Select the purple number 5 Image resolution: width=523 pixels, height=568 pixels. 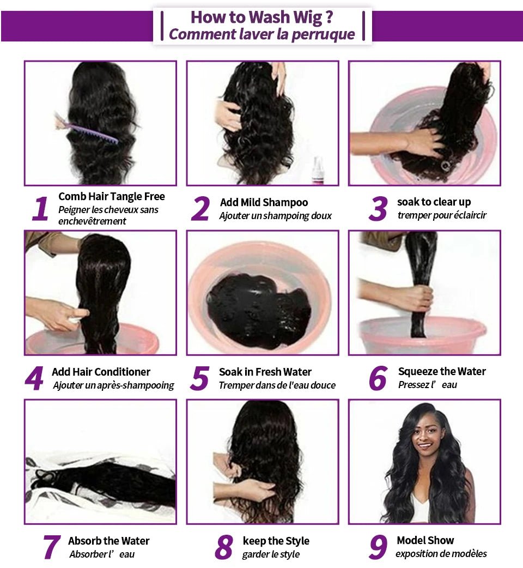click(x=200, y=379)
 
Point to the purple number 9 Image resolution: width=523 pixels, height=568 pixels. click(x=378, y=547)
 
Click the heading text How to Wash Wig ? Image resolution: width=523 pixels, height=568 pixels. click(x=261, y=17)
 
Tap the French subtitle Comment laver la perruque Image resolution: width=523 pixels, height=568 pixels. click(x=261, y=34)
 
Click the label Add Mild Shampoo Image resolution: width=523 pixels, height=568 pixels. click(x=264, y=202)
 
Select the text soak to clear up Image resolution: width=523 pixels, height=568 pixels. click(x=434, y=202)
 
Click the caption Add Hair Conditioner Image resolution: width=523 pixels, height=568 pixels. click(x=101, y=372)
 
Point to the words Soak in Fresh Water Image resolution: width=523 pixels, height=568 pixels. click(x=265, y=372)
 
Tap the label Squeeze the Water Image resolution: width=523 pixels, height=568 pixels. click(x=441, y=371)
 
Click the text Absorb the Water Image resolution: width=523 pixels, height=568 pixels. click(x=108, y=541)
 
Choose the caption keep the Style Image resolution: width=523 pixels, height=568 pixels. click(x=276, y=541)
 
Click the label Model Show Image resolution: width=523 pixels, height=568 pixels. click(x=425, y=540)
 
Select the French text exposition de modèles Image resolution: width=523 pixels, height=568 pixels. click(x=441, y=554)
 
